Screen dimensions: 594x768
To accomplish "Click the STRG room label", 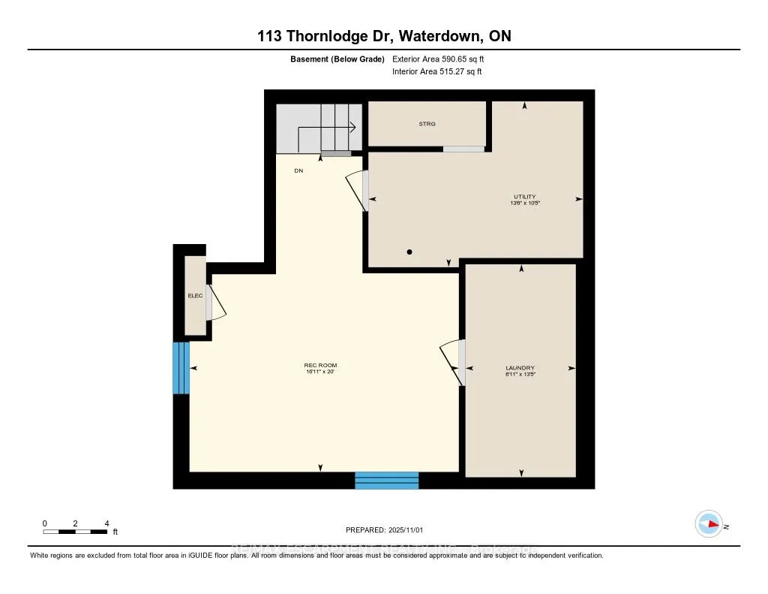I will click(427, 124).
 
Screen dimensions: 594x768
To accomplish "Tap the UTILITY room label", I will click(524, 197).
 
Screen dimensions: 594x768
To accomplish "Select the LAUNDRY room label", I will click(520, 368).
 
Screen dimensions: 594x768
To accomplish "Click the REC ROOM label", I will click(321, 366).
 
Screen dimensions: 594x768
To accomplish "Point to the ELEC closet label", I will click(195, 295).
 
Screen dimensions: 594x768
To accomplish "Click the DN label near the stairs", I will click(298, 170).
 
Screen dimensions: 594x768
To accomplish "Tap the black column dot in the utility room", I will click(409, 252).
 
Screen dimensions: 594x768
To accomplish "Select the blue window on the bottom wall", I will click(386, 481).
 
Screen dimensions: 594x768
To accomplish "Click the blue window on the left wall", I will click(181, 368).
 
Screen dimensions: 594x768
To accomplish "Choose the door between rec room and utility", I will click(358, 189).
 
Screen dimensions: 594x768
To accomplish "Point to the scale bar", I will click(76, 532).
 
